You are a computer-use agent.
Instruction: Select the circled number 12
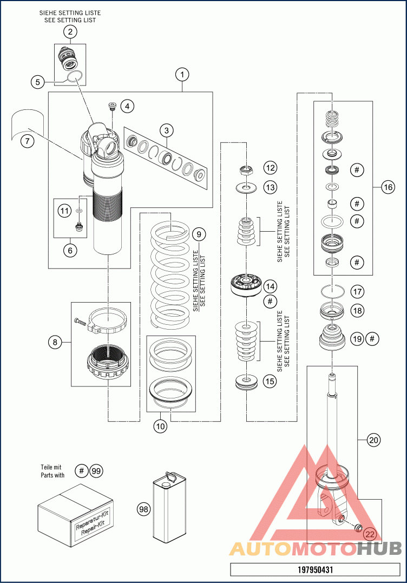coord(270,169)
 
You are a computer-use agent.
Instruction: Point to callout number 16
coord(388,187)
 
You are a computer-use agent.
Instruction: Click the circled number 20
coord(373,440)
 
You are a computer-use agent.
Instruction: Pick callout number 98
coord(143,509)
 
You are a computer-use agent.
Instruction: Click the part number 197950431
coord(315,569)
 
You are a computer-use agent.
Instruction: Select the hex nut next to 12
coord(247,172)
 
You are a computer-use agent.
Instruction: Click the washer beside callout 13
coord(247,188)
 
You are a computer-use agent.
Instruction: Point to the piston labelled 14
coord(246,285)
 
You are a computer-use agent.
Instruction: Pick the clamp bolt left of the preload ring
coord(81,322)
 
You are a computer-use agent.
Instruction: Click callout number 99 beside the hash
coord(96,470)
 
